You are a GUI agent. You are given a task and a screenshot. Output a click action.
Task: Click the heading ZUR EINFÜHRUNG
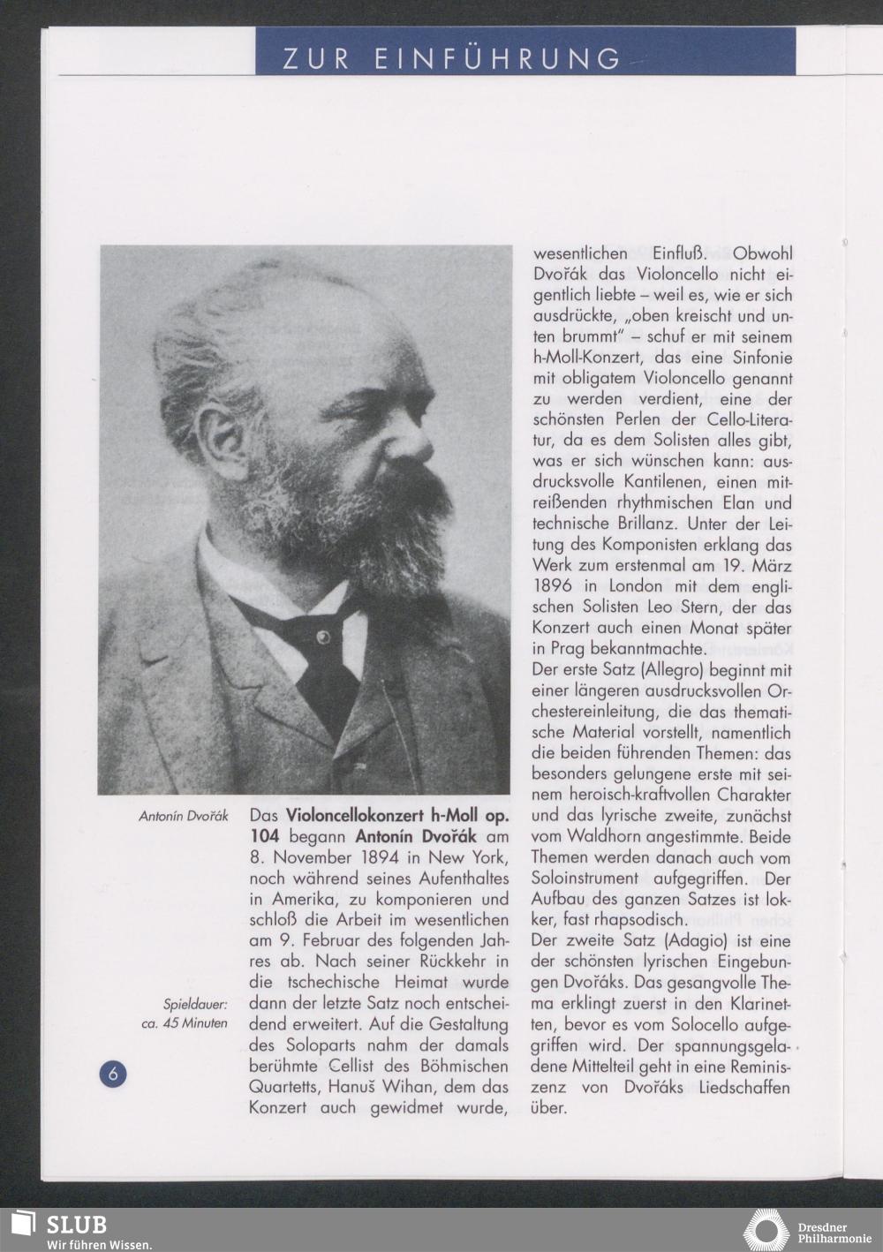click(x=451, y=58)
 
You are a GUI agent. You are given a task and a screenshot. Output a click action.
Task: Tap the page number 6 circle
click(x=112, y=1074)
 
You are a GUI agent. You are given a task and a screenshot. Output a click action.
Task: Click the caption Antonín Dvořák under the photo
click(x=184, y=817)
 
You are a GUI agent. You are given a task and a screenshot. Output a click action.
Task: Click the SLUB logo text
click(x=76, y=1225)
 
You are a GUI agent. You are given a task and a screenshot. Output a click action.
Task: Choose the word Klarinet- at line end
click(x=750, y=1003)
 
